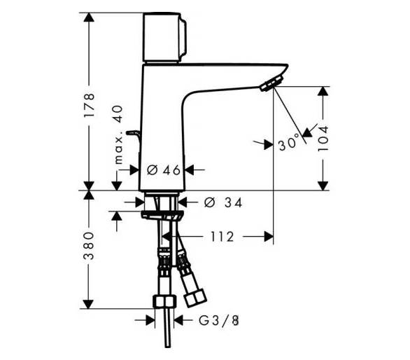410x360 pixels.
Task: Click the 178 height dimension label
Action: pyautogui.click(x=89, y=105)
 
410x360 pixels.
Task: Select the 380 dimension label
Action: pyautogui.click(x=89, y=245)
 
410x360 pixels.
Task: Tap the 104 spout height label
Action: pyautogui.click(x=323, y=138)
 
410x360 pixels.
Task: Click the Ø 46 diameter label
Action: pyautogui.click(x=164, y=170)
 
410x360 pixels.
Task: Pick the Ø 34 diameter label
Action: pyautogui.click(x=223, y=202)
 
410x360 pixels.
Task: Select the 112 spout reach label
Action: pyautogui.click(x=222, y=237)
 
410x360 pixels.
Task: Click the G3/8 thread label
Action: pyautogui.click(x=219, y=320)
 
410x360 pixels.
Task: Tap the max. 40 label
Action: pyautogui.click(x=118, y=134)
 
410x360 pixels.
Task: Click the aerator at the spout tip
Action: pyautogui.click(x=272, y=83)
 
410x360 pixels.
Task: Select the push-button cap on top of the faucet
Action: pyautogui.click(x=164, y=37)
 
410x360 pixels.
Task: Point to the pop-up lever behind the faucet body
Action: pyautogui.click(x=134, y=136)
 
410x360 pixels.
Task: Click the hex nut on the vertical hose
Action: pyautogui.click(x=164, y=301)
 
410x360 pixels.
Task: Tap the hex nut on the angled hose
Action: pyautogui.click(x=195, y=298)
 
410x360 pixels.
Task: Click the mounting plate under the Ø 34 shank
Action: pyautogui.click(x=162, y=215)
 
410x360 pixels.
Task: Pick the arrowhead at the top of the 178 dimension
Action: pyautogui.click(x=89, y=17)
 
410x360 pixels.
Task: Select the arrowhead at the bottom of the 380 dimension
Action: pyautogui.click(x=89, y=304)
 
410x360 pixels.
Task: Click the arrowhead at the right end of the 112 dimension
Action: pyautogui.click(x=269, y=237)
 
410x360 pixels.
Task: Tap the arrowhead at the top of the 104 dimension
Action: pyautogui.click(x=323, y=91)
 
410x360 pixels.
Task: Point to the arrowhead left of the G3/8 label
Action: pyautogui.click(x=150, y=320)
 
